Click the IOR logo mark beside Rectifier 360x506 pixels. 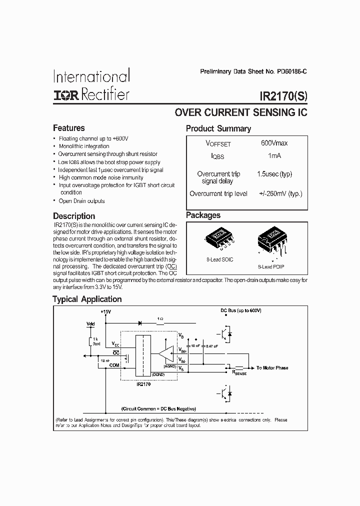[x=66, y=94]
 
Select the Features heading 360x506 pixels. [x=69, y=128]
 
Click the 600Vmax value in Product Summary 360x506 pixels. [x=274, y=143]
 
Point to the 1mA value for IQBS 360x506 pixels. [x=274, y=156]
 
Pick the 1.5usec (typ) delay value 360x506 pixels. [x=274, y=174]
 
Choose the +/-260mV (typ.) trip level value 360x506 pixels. [x=280, y=193]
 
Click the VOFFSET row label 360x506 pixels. [x=218, y=143]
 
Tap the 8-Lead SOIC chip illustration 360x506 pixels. [x=220, y=240]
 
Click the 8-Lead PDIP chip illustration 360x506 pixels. [x=272, y=242]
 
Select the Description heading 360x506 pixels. [x=74, y=216]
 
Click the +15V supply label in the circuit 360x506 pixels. [x=105, y=312]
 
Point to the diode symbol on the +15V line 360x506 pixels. [x=139, y=323]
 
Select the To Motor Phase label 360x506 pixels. [x=272, y=368]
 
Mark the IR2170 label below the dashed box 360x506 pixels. [x=142, y=384]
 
